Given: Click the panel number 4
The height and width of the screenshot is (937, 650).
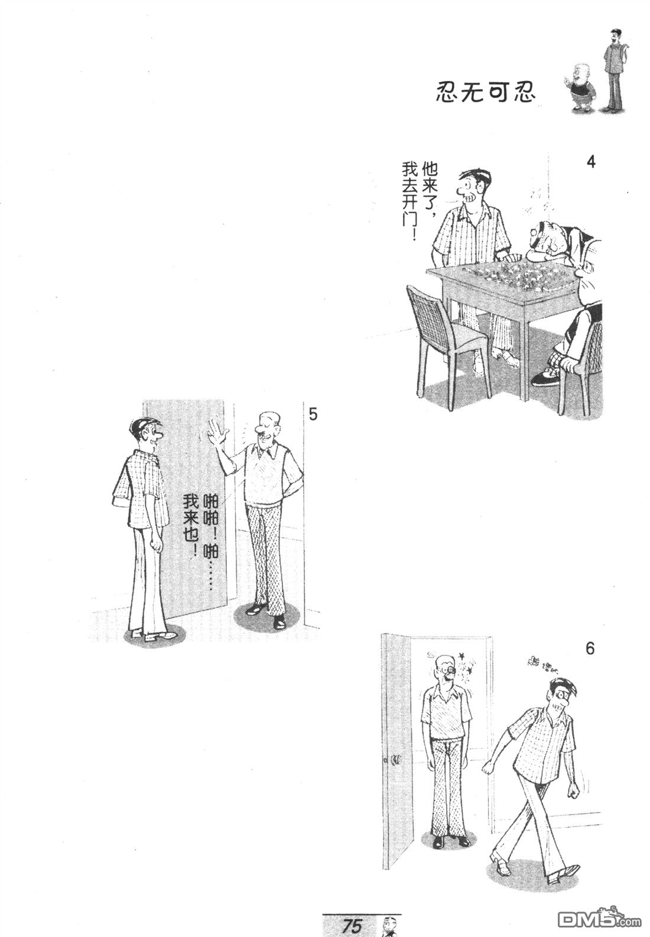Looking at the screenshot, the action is pos(590,162).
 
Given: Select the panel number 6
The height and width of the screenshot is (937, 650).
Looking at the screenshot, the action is pos(590,649).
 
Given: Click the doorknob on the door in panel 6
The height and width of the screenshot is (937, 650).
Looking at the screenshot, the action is pos(394,759).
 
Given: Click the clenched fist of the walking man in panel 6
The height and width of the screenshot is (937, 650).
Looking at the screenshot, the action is pos(488,766).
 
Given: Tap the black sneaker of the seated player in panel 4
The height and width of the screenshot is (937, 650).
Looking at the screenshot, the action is pos(545,378).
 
